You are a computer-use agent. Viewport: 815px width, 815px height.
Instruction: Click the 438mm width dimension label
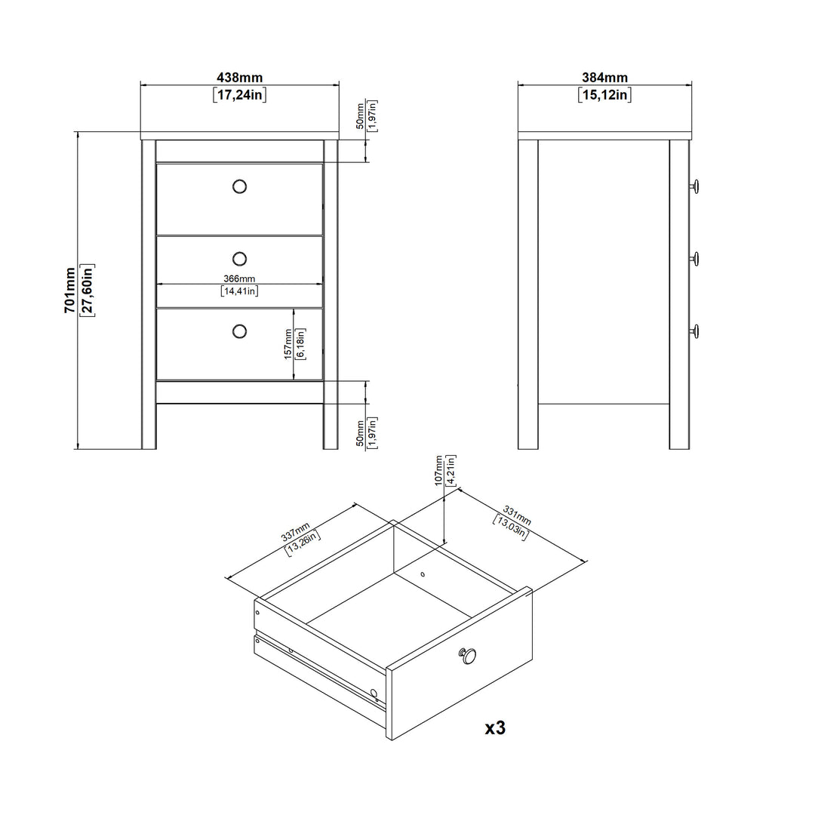[x=240, y=78]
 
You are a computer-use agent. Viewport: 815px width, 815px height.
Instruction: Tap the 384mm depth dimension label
[x=604, y=78]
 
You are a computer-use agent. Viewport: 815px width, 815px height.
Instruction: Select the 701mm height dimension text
[x=70, y=291]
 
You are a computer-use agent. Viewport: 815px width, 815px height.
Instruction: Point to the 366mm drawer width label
[x=239, y=278]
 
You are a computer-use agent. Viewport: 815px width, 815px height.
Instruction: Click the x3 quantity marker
[x=495, y=728]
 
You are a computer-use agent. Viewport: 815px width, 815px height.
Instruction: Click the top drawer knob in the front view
[x=240, y=186]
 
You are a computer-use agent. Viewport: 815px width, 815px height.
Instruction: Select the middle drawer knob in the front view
[x=240, y=259]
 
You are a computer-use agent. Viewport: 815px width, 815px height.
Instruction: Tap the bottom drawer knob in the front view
[x=240, y=331]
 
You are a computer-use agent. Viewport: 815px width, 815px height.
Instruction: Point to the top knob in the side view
[x=695, y=186]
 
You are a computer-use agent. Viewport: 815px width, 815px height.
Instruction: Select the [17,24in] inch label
[x=240, y=94]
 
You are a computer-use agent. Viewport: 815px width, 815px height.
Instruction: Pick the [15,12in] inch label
[x=604, y=94]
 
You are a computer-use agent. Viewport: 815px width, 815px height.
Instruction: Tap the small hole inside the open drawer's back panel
[x=423, y=574]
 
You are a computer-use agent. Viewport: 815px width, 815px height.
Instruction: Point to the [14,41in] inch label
[x=240, y=291]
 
